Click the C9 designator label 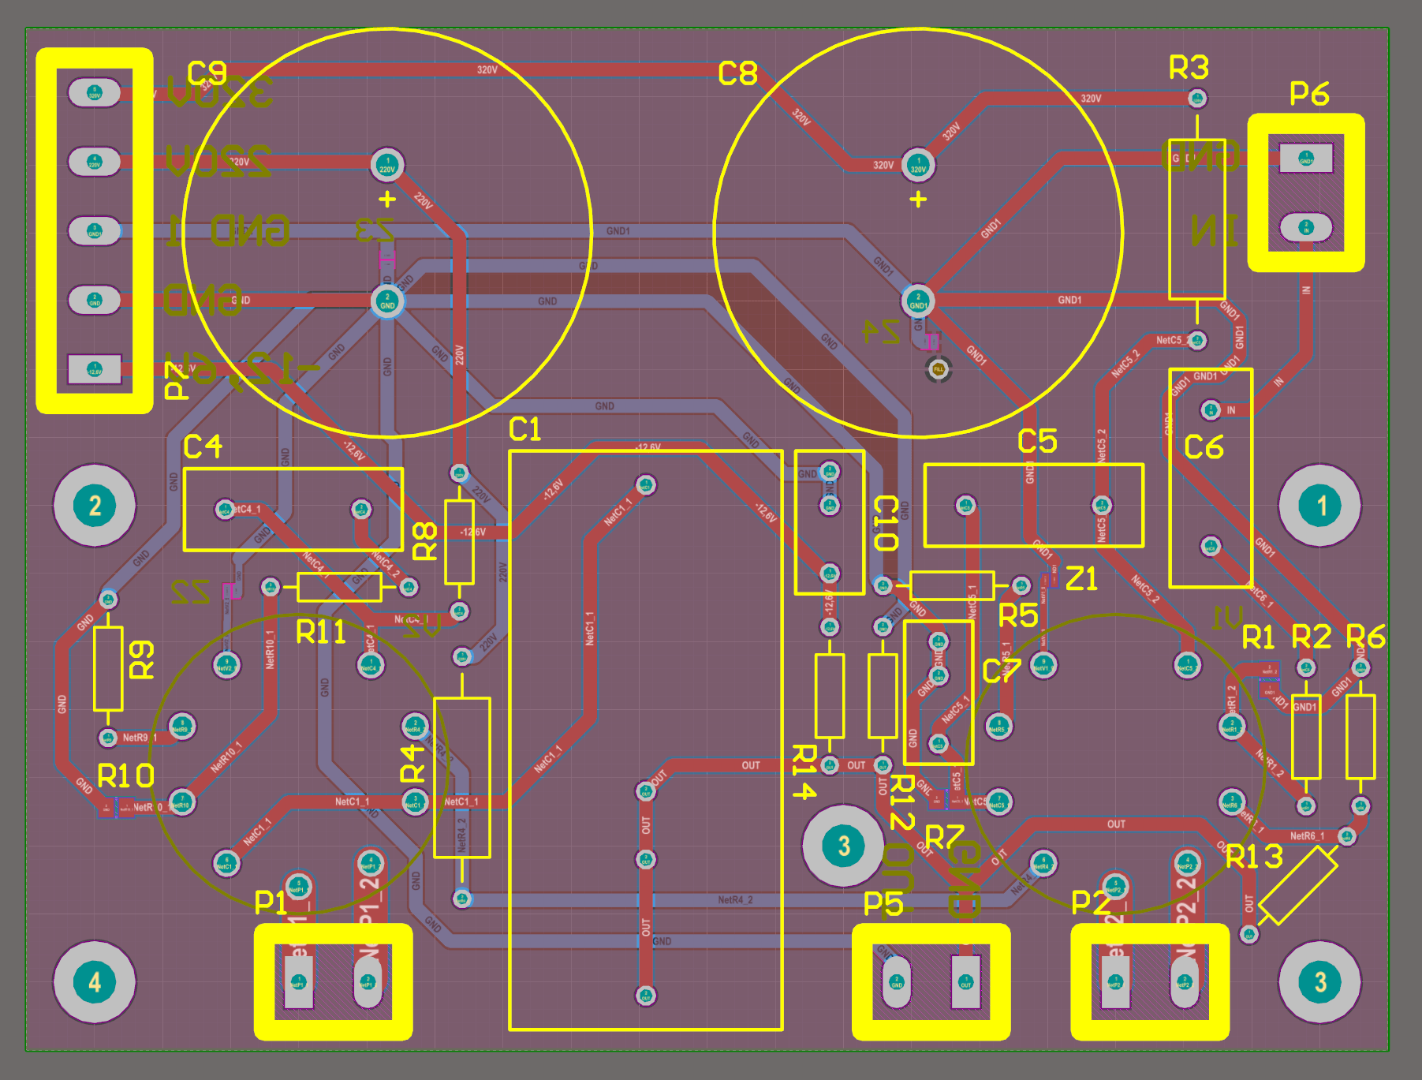coord(207,74)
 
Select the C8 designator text coord(737,74)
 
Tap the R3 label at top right coord(1189,68)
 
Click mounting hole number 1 coord(1320,506)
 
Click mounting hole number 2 coord(95,506)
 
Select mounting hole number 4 coord(95,982)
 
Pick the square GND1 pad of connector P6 coord(1306,159)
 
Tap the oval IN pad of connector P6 coord(1306,228)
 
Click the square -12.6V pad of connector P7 coord(95,368)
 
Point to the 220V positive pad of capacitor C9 coord(387,165)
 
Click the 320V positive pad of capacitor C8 coord(918,165)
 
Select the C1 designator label coord(524,430)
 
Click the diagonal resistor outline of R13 coord(1298,886)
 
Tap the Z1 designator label coord(1081,579)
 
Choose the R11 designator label coord(321,632)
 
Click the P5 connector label coord(883,904)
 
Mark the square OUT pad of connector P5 coord(966,982)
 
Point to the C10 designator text coord(886,523)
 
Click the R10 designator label coord(125,776)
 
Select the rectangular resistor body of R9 coord(108,669)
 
